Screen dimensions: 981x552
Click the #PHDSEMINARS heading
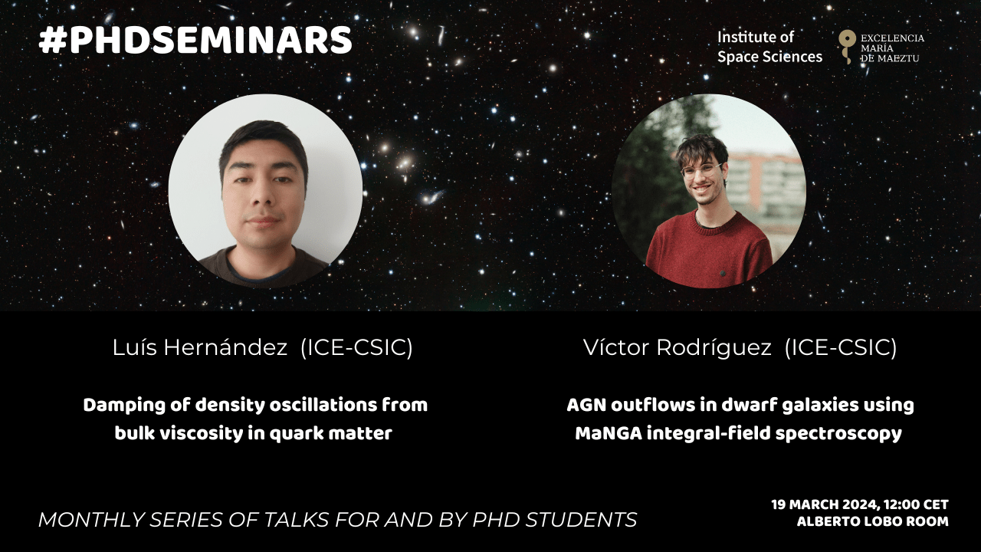(195, 41)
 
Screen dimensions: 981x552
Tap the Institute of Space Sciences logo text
(769, 47)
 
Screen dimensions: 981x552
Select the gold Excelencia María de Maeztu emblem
(847, 47)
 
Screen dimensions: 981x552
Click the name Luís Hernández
(200, 348)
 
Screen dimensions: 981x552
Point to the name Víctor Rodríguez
(678, 348)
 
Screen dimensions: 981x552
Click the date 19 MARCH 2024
(825, 504)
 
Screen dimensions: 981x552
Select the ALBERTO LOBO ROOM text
(873, 522)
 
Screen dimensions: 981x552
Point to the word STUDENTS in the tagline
(581, 520)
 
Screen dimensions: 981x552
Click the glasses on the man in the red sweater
(702, 170)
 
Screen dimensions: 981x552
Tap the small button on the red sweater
(723, 274)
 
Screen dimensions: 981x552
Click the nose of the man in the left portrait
(263, 195)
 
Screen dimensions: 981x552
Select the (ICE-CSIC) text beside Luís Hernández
(357, 348)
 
